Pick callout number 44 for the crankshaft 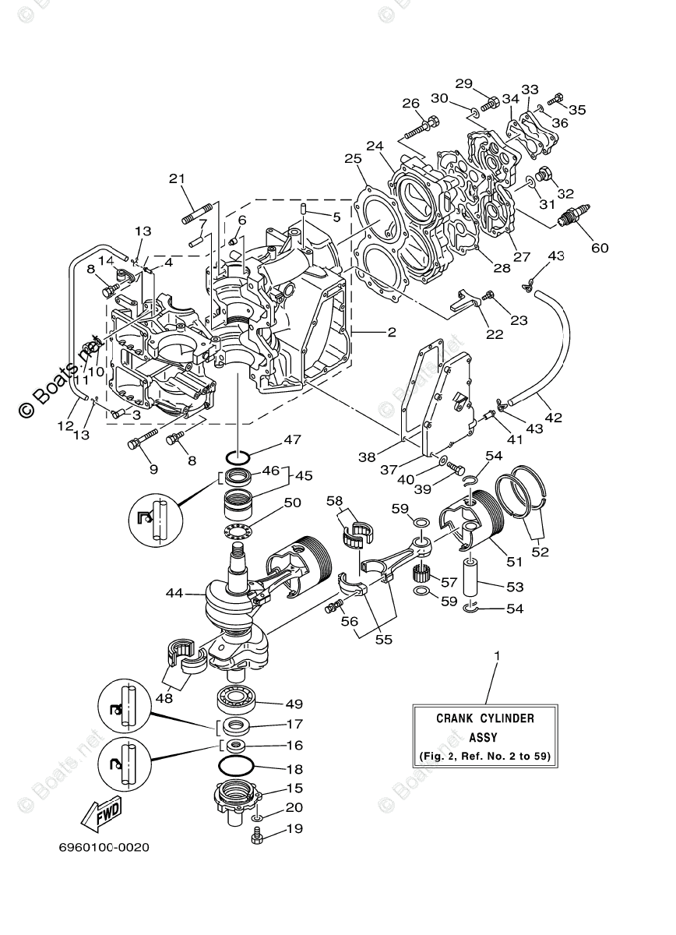174,593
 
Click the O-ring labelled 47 239,455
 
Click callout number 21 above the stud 178,178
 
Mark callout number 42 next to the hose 553,418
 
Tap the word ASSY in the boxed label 485,736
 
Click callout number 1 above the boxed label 496,655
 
